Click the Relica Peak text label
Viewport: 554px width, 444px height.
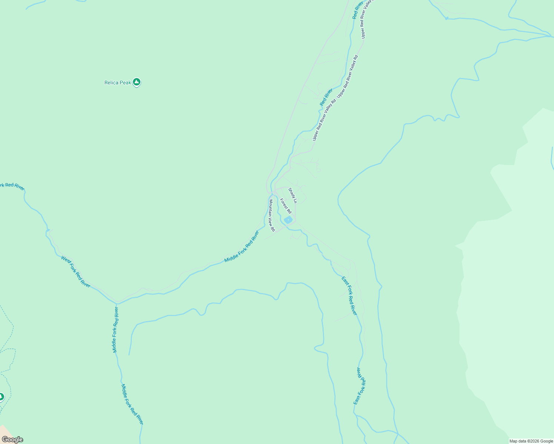[117, 83]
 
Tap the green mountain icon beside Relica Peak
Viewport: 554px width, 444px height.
[137, 82]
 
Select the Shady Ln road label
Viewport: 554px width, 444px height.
[293, 196]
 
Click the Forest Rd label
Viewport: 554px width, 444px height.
[286, 206]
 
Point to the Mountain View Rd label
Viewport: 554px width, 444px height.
[272, 215]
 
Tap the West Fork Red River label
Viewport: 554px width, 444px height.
[76, 272]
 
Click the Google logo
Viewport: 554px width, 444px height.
[12, 440]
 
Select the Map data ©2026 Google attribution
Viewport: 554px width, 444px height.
[531, 441]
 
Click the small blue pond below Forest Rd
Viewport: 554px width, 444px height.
[288, 220]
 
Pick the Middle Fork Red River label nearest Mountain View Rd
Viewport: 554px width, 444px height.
[241, 247]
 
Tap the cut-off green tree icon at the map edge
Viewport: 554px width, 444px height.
[1, 397]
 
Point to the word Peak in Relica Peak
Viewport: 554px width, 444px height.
[125, 83]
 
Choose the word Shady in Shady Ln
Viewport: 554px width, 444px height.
[291, 193]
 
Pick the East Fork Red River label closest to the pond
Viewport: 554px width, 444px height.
[349, 296]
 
